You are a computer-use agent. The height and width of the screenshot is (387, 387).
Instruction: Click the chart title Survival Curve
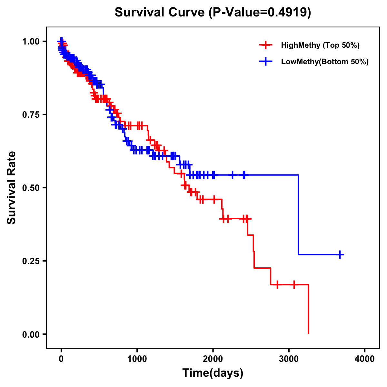pyautogui.click(x=160, y=13)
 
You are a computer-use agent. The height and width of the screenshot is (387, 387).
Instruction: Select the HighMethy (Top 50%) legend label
pyautogui.click(x=320, y=45)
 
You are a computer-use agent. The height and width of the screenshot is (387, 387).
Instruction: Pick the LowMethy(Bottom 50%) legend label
pyautogui.click(x=325, y=62)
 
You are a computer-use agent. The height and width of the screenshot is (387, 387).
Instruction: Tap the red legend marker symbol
pyautogui.click(x=266, y=45)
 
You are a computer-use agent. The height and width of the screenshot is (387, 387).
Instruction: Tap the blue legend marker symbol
pyautogui.click(x=266, y=62)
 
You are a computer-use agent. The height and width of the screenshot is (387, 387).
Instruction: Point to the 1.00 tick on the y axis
pyautogui.click(x=31, y=42)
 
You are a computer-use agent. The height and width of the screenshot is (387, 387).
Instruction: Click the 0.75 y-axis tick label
pyautogui.click(x=31, y=115)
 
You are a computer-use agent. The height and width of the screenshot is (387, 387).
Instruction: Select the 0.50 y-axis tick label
pyautogui.click(x=31, y=188)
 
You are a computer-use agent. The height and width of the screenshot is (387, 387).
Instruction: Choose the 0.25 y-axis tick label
pyautogui.click(x=31, y=261)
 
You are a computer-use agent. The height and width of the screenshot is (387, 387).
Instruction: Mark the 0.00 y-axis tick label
pyautogui.click(x=31, y=334)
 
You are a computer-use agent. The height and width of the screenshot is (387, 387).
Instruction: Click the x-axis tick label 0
pyautogui.click(x=61, y=359)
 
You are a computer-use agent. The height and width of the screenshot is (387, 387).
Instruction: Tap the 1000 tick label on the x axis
pyautogui.click(x=137, y=359)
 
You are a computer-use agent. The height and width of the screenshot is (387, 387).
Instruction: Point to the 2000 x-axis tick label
pyautogui.click(x=213, y=359)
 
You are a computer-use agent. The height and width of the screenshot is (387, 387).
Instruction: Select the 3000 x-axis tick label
pyautogui.click(x=289, y=359)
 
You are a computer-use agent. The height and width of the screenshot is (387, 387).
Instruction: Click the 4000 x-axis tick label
pyautogui.click(x=365, y=359)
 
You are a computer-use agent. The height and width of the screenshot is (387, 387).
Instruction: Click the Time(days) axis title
pyautogui.click(x=213, y=373)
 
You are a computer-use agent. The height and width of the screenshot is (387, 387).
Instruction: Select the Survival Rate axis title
pyautogui.click(x=12, y=188)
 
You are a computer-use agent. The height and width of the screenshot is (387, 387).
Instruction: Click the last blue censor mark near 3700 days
pyautogui.click(x=340, y=255)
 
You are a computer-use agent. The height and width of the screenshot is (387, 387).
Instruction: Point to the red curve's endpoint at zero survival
pyautogui.click(x=309, y=333)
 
